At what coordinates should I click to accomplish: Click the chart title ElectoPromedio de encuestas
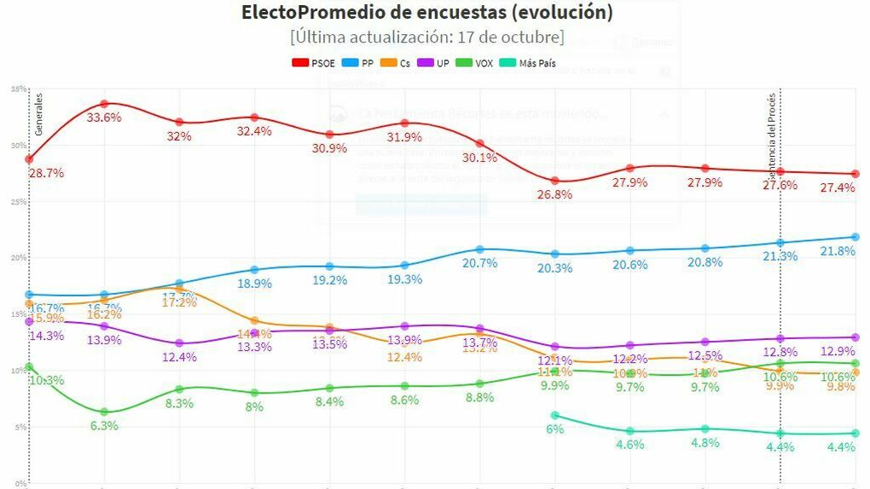(426, 13)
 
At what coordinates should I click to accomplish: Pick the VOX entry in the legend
(477, 64)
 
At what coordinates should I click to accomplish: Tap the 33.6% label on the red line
(104, 118)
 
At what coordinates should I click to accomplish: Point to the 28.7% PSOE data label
(47, 173)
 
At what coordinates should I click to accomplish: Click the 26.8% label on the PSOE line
(555, 194)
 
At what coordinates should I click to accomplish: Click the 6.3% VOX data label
(104, 426)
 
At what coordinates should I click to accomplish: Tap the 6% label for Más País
(555, 429)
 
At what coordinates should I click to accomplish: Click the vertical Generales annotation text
(38, 115)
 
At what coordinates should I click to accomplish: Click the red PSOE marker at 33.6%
(104, 103)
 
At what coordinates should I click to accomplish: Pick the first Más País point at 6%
(555, 416)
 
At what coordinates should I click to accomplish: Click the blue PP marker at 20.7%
(480, 250)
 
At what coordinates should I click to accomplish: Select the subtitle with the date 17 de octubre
(426, 38)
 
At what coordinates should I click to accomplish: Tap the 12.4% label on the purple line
(179, 357)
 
